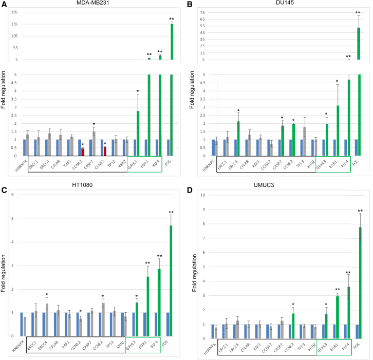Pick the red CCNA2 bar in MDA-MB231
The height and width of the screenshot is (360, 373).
(x=82, y=151)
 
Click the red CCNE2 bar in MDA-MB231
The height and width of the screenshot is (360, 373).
(x=105, y=151)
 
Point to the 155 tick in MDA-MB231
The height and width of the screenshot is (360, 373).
(x=13, y=24)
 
